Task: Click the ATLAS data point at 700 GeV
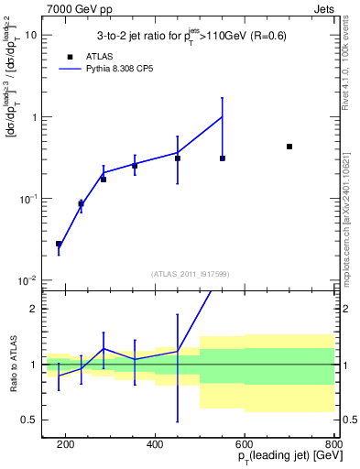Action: pyautogui.click(x=289, y=147)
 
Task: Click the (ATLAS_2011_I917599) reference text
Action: pyautogui.click(x=189, y=273)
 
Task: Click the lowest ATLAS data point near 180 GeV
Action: pyautogui.click(x=59, y=244)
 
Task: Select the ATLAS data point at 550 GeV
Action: pyautogui.click(x=223, y=158)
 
